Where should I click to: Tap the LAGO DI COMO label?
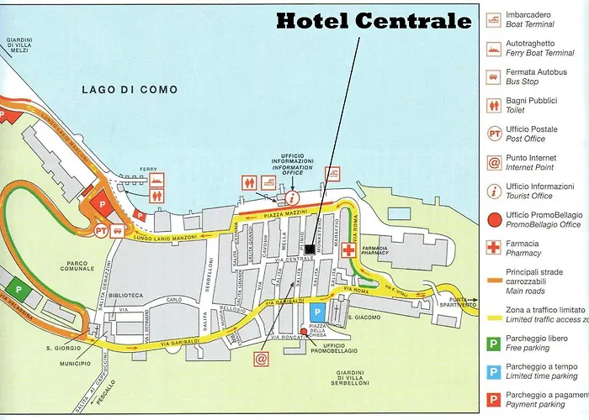pyautogui.click(x=123, y=89)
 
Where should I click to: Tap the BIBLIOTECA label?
pyautogui.click(x=125, y=295)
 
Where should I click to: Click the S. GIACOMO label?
pyautogui.click(x=369, y=318)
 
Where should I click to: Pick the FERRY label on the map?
pyautogui.click(x=148, y=168)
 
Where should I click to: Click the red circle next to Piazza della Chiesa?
pyautogui.click(x=304, y=332)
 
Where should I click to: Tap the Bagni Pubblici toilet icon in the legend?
pyautogui.click(x=495, y=105)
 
